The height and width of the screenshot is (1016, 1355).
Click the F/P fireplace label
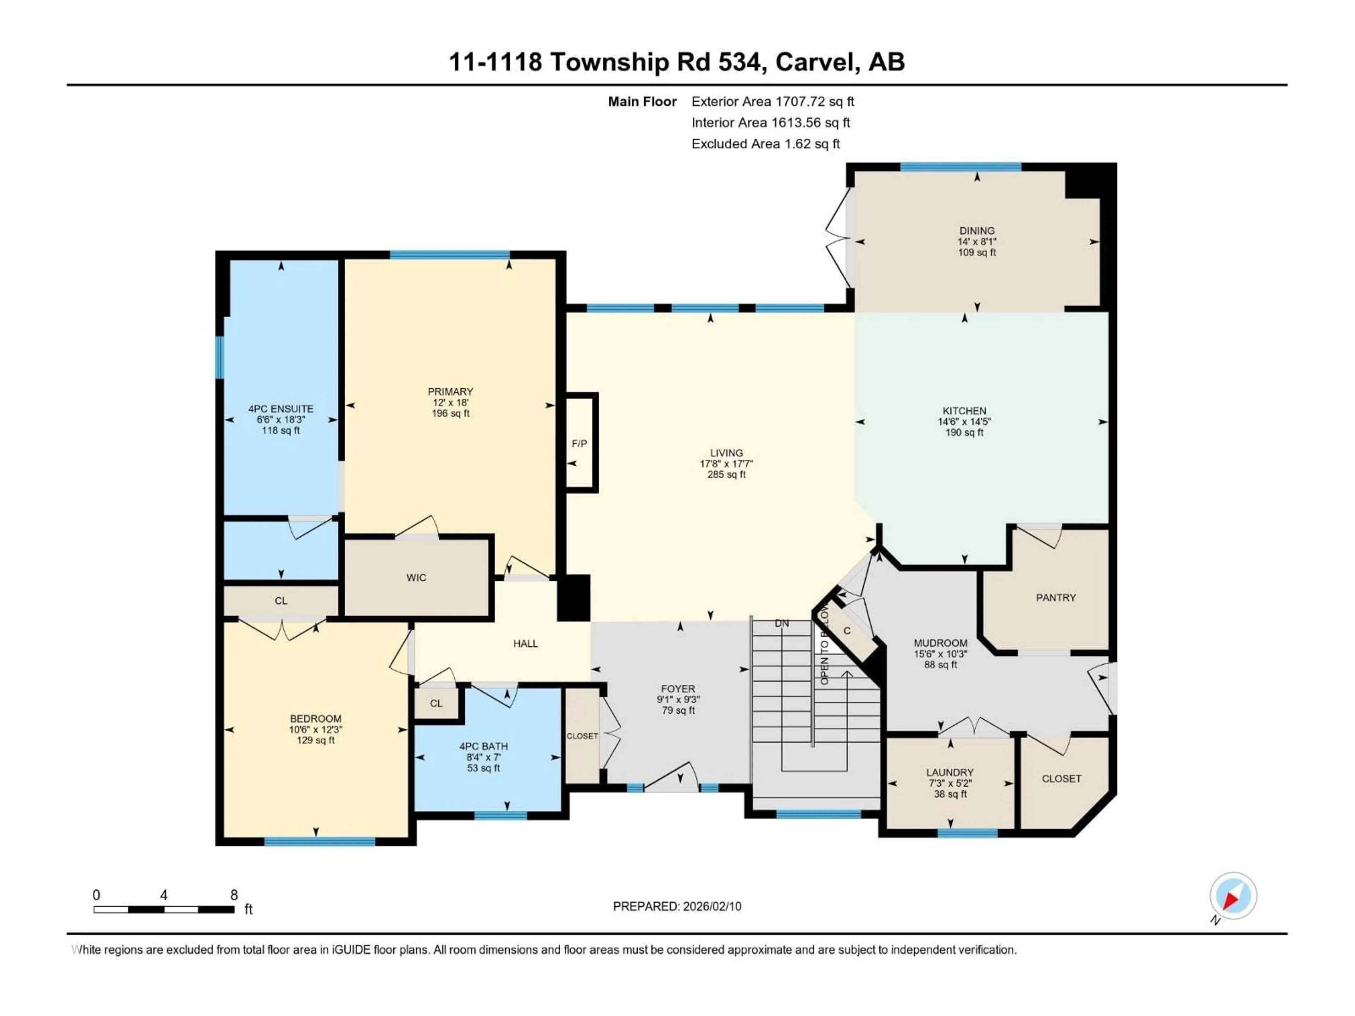coord(579,443)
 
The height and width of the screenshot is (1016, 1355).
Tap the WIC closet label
coord(416,577)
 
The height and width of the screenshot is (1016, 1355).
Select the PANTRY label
coord(1055,597)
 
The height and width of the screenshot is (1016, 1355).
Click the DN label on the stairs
coord(782,623)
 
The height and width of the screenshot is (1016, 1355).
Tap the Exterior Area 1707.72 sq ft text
coord(772,102)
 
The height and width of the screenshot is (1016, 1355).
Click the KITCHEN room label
coord(964,411)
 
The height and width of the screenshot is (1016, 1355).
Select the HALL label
coord(525,644)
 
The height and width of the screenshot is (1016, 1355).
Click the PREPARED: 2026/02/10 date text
coord(677,906)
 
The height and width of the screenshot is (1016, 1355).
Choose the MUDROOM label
coord(940,643)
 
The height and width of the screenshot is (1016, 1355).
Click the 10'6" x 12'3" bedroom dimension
coord(315,730)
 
